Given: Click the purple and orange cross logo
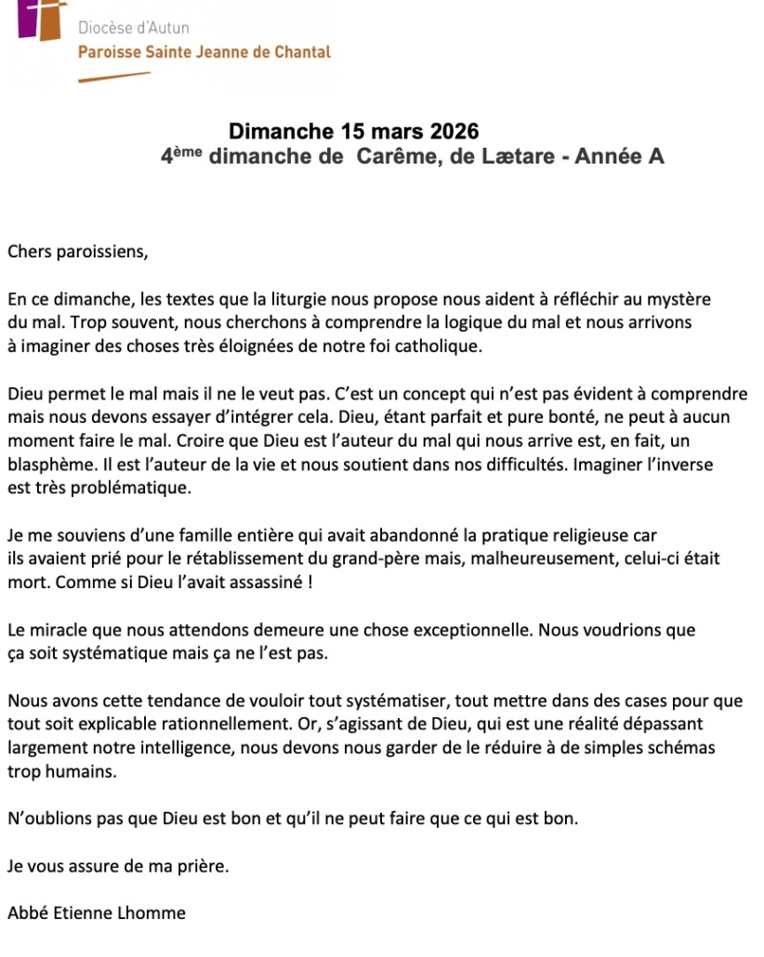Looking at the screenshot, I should pos(42,19).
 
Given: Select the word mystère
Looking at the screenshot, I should pos(678,299).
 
